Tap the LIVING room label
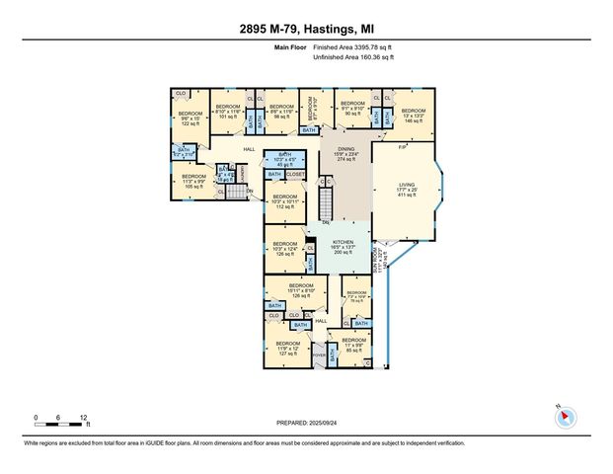pos(406,188)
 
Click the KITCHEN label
pos(343,247)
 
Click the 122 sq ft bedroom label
pos(190,119)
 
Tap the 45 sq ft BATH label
pos(285,159)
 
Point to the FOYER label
pos(319,355)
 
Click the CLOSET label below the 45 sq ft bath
pos(295,174)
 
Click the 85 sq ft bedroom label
pos(352,346)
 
